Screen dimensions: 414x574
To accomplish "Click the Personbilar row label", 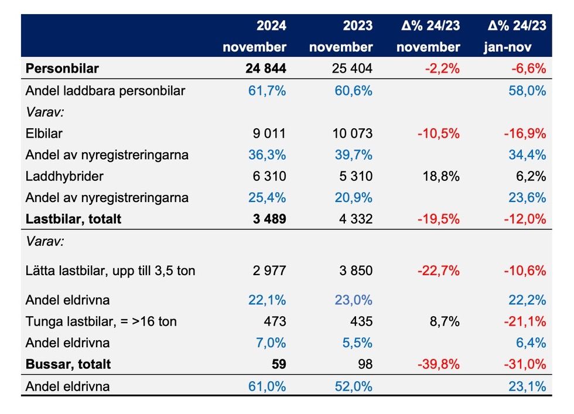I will pos(62,69).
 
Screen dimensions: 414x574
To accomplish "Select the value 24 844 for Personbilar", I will pos(265,69).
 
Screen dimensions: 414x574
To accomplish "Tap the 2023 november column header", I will pos(340,36).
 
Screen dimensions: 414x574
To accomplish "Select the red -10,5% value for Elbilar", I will pos(438,133).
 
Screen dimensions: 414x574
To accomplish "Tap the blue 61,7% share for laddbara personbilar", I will pos(267,91).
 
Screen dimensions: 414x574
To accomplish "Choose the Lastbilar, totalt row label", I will pos(73,219).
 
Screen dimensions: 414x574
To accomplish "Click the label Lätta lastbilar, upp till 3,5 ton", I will pos(110,271).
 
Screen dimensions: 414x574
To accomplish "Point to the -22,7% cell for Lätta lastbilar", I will pos(438,271).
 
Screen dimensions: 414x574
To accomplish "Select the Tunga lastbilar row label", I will pos(101,321).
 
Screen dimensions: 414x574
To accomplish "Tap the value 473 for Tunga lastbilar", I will pos(275,321).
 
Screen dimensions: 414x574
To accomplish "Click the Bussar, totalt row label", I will pos(68,364).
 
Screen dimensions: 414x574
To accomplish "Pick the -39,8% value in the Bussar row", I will pos(438,364).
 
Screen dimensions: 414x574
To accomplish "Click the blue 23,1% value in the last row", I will pos(529,386).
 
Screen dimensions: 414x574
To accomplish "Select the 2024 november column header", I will pos(254,36).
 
